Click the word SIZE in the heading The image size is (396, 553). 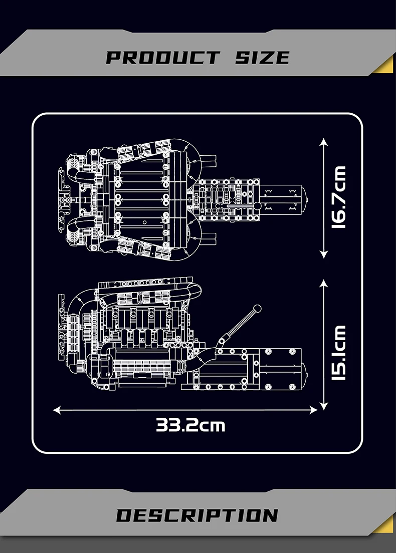click(x=262, y=57)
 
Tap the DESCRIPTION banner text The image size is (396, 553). click(x=197, y=515)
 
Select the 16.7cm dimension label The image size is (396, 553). click(x=339, y=198)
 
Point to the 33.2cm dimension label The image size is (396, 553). click(x=190, y=425)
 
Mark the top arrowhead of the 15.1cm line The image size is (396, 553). click(x=324, y=283)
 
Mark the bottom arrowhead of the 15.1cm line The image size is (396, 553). click(x=324, y=407)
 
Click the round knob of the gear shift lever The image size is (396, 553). click(x=258, y=308)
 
